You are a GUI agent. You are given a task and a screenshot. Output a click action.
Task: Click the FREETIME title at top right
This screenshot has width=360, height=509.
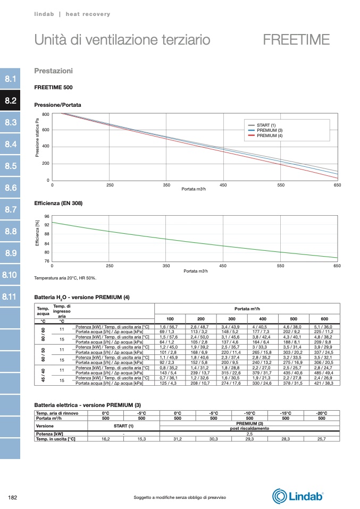point(296,40)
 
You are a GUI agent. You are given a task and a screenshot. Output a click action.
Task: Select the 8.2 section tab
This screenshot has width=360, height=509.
point(11,100)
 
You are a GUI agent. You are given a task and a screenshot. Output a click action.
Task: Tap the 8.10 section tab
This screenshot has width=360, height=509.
point(11,275)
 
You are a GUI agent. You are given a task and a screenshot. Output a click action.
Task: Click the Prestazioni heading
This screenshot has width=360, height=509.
point(53,71)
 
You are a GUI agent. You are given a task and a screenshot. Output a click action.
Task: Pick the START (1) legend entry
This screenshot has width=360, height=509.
point(266,125)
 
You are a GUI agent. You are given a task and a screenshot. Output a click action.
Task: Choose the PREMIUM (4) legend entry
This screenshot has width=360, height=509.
point(270,136)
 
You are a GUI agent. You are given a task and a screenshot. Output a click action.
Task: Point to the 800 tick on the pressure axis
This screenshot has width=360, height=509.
point(46,114)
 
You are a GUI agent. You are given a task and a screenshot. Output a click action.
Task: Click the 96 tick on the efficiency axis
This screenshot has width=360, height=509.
point(47,216)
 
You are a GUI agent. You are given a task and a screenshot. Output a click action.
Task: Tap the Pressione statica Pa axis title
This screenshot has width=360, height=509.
point(38,141)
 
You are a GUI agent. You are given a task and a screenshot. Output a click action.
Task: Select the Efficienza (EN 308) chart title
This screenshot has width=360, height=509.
point(58,203)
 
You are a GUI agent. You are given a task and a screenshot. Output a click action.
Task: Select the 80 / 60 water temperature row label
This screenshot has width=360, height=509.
point(43,334)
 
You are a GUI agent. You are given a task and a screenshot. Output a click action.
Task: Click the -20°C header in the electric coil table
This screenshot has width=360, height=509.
point(321,413)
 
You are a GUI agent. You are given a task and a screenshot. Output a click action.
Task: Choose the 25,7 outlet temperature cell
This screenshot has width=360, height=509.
point(321,439)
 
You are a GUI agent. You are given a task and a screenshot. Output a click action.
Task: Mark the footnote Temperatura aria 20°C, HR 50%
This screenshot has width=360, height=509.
point(65,278)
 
